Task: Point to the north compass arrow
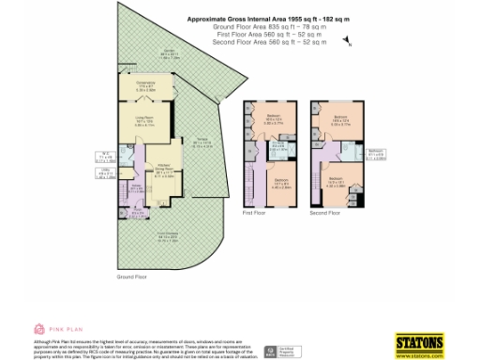point(348,41)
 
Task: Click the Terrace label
point(204,142)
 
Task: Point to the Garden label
point(170,54)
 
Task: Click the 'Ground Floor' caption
point(132,277)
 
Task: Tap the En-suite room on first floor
point(277,149)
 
